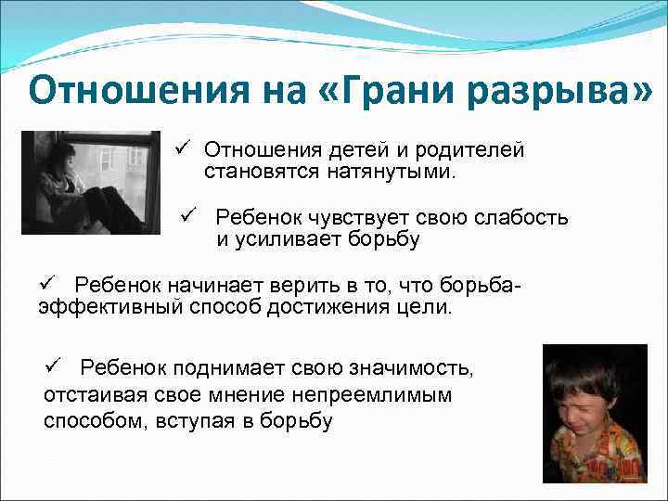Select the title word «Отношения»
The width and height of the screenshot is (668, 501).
coord(129,92)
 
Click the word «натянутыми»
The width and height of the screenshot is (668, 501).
coord(380,172)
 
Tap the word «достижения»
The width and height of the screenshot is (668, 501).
coord(323,307)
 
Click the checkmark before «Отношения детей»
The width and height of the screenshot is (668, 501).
coord(181,148)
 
